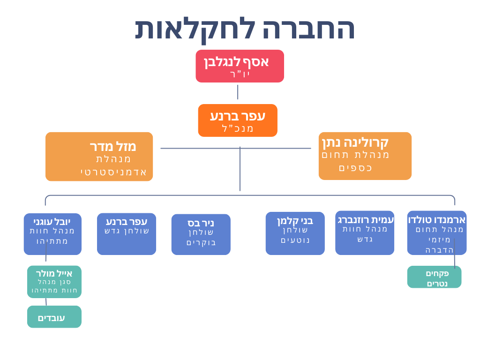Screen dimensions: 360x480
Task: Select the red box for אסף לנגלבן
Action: click(240, 66)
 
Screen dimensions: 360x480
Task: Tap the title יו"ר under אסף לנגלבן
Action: click(240, 74)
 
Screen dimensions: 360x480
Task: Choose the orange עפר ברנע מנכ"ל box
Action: click(238, 120)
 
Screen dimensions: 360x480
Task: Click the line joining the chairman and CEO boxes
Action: click(238, 92)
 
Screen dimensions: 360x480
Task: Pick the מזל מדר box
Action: click(99, 157)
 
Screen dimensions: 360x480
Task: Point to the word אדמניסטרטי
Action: click(114, 172)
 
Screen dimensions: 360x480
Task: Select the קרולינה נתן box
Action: click(365, 156)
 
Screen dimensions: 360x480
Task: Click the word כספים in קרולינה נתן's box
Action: click(355, 167)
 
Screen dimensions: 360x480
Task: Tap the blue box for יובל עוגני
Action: click(52, 234)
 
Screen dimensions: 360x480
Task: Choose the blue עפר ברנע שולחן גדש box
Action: click(127, 234)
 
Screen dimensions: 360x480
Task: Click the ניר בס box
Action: click(201, 234)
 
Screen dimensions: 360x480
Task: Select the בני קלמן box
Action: click(295, 233)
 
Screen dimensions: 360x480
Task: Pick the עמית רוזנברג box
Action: click(365, 233)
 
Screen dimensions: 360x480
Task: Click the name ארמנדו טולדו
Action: click(437, 219)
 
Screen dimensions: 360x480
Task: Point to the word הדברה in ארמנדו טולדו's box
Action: click(439, 249)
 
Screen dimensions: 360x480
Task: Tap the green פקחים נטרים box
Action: click(434, 277)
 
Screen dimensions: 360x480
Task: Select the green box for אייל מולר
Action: click(54, 282)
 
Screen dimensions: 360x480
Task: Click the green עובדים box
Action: click(54, 317)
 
